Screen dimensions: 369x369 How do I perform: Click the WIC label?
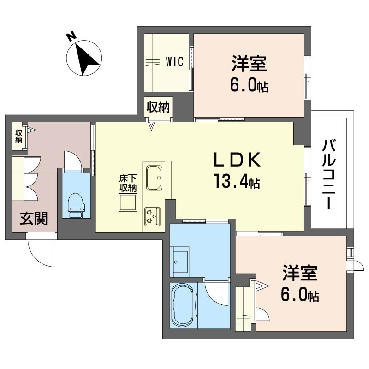click(175, 62)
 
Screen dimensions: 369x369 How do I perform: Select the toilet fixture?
click(76, 205)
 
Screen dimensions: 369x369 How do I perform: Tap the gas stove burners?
click(152, 216)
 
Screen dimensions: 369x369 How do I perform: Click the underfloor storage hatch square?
click(128, 202)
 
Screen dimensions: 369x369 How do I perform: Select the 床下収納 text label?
click(128, 183)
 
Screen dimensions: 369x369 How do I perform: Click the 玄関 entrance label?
click(34, 219)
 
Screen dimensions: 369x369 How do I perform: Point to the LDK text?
click(237, 160)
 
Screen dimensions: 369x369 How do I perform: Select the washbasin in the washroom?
click(181, 262)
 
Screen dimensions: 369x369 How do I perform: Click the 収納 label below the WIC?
click(158, 107)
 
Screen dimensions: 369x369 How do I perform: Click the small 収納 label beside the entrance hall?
click(18, 136)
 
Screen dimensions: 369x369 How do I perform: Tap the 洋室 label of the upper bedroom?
click(249, 63)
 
